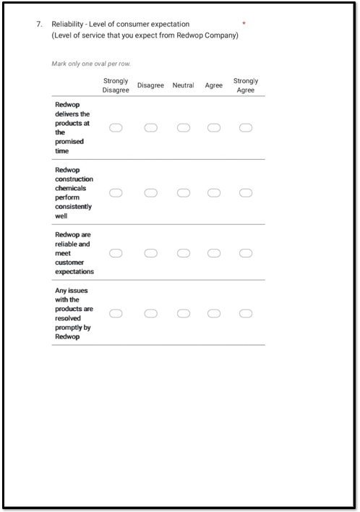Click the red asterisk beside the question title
click(x=244, y=23)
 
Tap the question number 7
click(x=39, y=25)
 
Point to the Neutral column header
click(x=183, y=85)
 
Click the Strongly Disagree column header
click(x=116, y=85)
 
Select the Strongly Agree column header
click(x=246, y=85)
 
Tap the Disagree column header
click(x=150, y=85)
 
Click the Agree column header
click(x=214, y=85)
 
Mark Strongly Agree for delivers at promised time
click(x=246, y=128)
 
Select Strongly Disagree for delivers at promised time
click(x=116, y=128)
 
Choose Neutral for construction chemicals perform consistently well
click(x=184, y=193)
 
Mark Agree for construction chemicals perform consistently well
click(x=214, y=193)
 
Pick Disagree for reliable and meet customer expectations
click(x=150, y=253)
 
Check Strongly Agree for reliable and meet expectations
click(x=246, y=253)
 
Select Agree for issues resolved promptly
click(x=214, y=314)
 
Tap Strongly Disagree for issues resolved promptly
click(x=116, y=314)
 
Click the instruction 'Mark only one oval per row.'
click(x=90, y=64)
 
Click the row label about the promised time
click(x=72, y=128)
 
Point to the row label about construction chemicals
click(x=74, y=192)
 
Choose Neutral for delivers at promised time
click(x=184, y=128)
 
